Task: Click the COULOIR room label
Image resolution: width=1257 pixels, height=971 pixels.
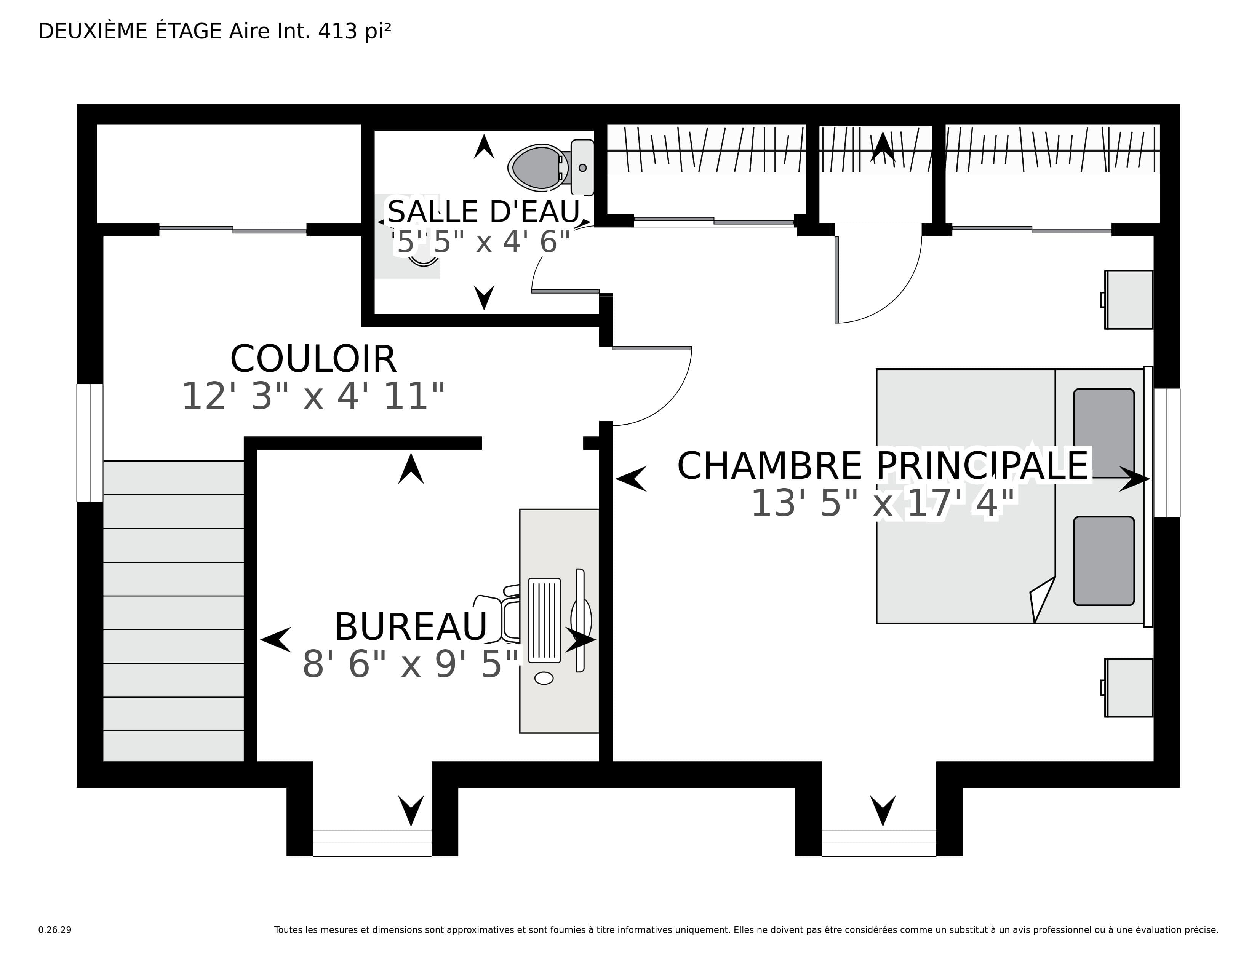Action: pyautogui.click(x=313, y=359)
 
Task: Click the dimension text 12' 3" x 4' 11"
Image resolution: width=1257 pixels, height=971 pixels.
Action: pyautogui.click(x=313, y=396)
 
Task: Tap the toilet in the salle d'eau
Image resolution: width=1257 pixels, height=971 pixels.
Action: pyautogui.click(x=551, y=168)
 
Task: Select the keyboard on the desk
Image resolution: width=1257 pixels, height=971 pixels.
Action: pyautogui.click(x=544, y=620)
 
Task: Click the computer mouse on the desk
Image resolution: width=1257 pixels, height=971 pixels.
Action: pyautogui.click(x=544, y=678)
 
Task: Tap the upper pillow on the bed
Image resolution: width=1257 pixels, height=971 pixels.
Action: pyautogui.click(x=1103, y=433)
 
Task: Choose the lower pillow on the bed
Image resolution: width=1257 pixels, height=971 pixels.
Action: pyautogui.click(x=1103, y=561)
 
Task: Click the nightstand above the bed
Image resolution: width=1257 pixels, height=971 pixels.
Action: pyautogui.click(x=1128, y=300)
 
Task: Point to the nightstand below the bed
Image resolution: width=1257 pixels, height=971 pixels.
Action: pyautogui.click(x=1128, y=687)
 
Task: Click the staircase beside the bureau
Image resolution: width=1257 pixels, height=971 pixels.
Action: pyautogui.click(x=173, y=611)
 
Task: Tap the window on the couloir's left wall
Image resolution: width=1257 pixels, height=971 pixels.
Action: pyautogui.click(x=90, y=443)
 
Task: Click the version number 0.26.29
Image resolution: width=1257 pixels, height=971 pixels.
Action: pyautogui.click(x=55, y=929)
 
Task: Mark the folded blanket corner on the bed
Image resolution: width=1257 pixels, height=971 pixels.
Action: pyautogui.click(x=1042, y=600)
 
